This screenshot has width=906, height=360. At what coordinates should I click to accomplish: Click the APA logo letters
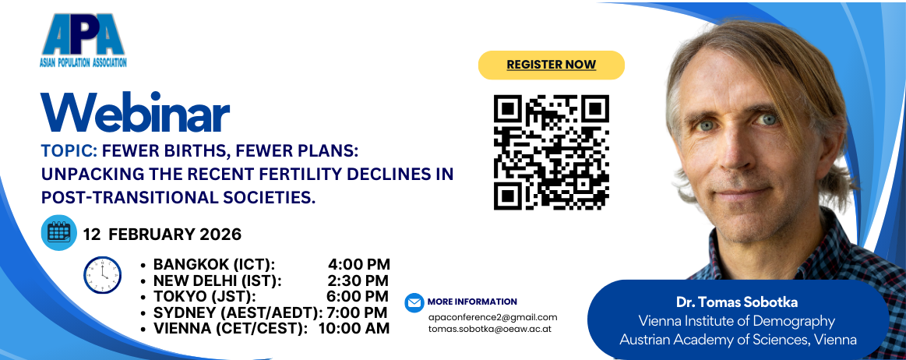pyautogui.click(x=83, y=34)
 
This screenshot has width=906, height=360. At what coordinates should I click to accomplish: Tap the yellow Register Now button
pyautogui.click(x=552, y=65)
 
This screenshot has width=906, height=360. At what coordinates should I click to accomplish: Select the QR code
pyautogui.click(x=552, y=153)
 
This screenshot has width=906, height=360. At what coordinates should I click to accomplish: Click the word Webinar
pyautogui.click(x=136, y=113)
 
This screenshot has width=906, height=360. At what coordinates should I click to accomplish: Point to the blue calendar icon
pyautogui.click(x=59, y=232)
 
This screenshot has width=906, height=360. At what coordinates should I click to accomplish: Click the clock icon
pyautogui.click(x=102, y=275)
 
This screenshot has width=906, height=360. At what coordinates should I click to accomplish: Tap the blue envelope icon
pyautogui.click(x=414, y=302)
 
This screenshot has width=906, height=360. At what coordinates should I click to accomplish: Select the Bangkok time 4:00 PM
pyautogui.click(x=359, y=265)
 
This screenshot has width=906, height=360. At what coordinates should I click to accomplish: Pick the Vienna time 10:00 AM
pyautogui.click(x=354, y=328)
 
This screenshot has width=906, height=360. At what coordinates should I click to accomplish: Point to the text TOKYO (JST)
pyautogui.click(x=205, y=296)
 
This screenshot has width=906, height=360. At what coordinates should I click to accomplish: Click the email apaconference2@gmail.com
pyautogui.click(x=492, y=317)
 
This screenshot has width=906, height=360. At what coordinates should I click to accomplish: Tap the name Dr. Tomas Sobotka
pyautogui.click(x=738, y=303)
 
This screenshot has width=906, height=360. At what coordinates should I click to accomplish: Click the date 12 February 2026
pyautogui.click(x=162, y=235)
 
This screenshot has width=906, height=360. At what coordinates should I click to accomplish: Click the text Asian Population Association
pyautogui.click(x=83, y=62)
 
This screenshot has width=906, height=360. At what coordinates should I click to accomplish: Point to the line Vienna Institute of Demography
pyautogui.click(x=737, y=321)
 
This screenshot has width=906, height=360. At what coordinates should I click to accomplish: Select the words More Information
pyautogui.click(x=472, y=302)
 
